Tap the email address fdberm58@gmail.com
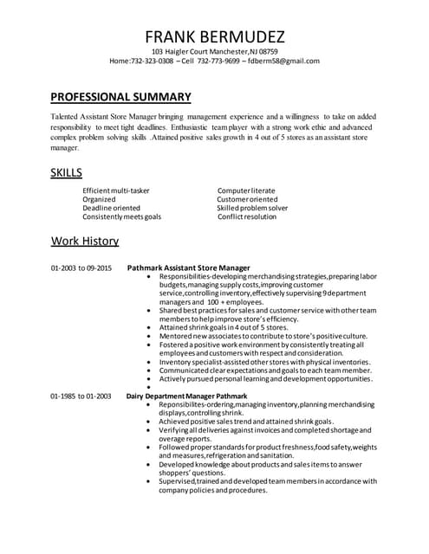(284, 61)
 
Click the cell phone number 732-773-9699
(217, 61)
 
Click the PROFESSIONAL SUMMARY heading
(120, 96)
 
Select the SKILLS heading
(67, 173)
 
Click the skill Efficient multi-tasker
(116, 190)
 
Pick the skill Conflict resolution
(248, 217)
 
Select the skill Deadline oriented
(111, 208)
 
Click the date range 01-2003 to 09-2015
(81, 268)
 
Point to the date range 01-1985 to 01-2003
(81, 396)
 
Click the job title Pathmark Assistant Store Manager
(188, 268)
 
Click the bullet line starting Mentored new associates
(263, 336)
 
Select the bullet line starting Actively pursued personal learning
(266, 378)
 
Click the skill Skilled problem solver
(252, 208)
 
